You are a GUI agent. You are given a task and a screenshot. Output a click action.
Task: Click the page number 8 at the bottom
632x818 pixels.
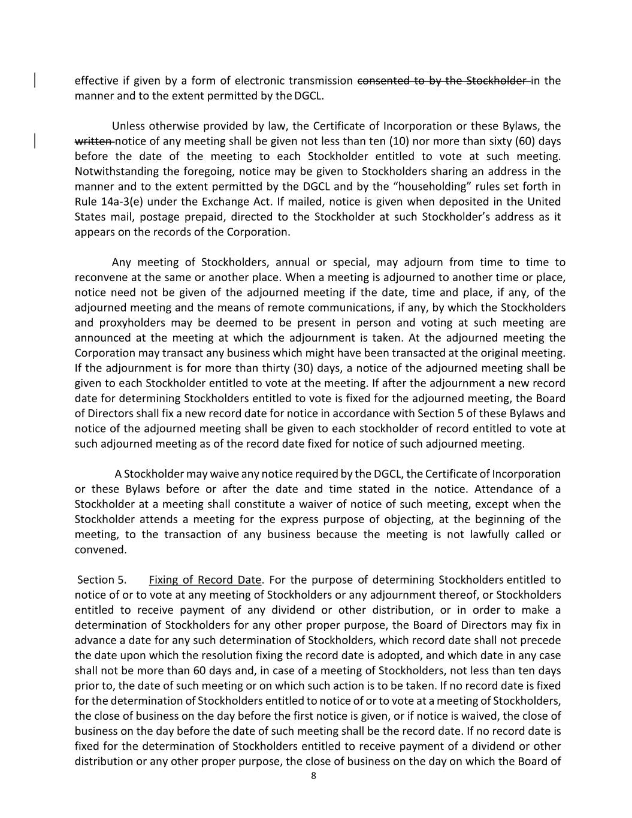point(313,776)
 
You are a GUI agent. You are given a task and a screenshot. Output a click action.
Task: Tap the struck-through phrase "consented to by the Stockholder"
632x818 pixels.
point(442,80)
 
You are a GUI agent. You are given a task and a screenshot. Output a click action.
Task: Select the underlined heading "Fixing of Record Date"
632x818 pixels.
point(205,579)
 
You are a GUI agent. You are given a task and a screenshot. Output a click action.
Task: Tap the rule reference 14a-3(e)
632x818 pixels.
point(120,201)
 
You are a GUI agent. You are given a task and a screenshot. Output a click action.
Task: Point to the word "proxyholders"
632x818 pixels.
point(129,322)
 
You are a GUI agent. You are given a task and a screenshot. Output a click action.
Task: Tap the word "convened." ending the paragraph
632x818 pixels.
point(101,550)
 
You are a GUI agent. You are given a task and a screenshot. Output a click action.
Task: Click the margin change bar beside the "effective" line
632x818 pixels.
point(34,80)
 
